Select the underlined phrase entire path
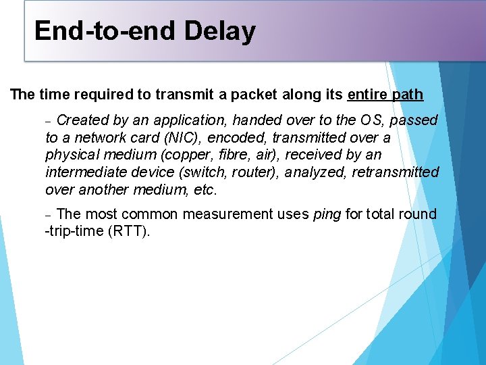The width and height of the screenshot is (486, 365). (x=385, y=94)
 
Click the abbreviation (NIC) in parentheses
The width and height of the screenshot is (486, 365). (x=182, y=138)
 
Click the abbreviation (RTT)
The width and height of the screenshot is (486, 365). (x=129, y=232)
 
